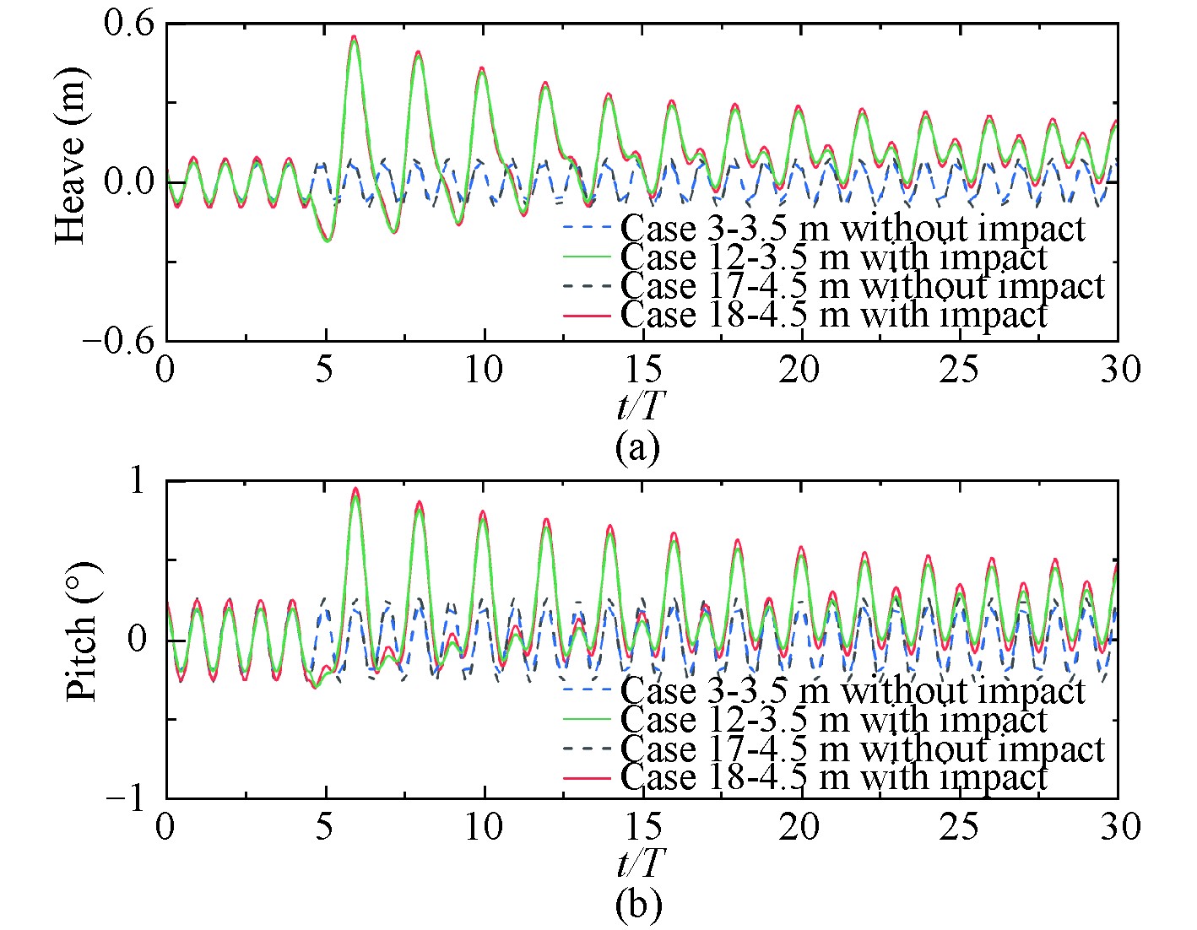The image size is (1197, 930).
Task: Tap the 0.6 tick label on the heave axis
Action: [129, 24]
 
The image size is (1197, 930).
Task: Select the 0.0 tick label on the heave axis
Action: [129, 182]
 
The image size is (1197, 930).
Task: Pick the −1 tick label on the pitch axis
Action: [126, 798]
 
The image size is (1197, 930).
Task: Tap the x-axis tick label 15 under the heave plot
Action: [642, 370]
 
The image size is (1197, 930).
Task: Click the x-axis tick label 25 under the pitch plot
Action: [959, 827]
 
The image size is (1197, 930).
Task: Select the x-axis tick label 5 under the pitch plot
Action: [325, 827]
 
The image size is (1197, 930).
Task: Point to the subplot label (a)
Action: [637, 446]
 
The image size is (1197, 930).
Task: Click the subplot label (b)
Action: [638, 905]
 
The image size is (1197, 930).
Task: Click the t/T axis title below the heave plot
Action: [639, 407]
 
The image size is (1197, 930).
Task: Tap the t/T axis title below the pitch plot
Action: [639, 864]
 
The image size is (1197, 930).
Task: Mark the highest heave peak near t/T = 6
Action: [354, 36]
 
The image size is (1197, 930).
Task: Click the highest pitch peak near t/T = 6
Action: [355, 488]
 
